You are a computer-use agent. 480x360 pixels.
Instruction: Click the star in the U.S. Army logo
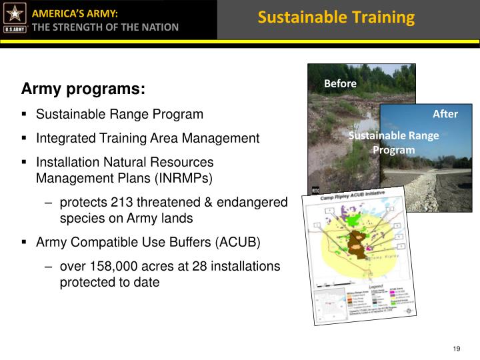point(14,14)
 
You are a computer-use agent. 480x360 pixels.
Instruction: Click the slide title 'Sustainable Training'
point(336,17)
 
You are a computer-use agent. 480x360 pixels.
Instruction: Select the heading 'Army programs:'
point(83,89)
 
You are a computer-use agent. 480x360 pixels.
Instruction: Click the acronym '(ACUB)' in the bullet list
point(239,241)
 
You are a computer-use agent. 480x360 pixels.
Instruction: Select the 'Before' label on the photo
point(340,83)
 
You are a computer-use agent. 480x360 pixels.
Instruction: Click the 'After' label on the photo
point(445,114)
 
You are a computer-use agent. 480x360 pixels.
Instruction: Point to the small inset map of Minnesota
point(327,305)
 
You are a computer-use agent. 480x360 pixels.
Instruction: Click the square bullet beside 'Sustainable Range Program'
point(24,114)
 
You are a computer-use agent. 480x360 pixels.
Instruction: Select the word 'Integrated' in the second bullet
point(62,139)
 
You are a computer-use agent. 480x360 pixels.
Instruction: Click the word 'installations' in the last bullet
point(247,266)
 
